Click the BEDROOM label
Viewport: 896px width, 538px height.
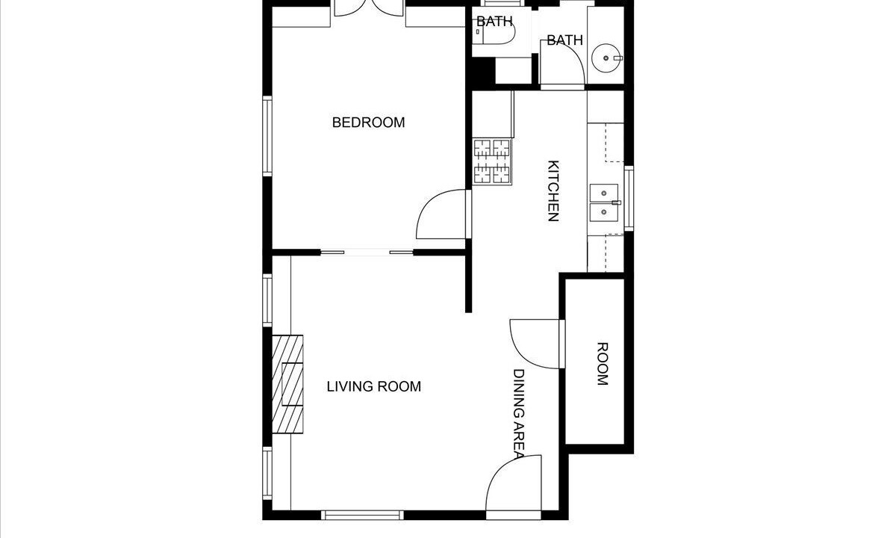[x=368, y=123]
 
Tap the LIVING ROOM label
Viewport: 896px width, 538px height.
[x=374, y=387]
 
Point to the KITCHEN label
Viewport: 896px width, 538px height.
[x=553, y=191]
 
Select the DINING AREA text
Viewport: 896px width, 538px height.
[x=518, y=414]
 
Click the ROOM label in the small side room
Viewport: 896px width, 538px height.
[x=603, y=364]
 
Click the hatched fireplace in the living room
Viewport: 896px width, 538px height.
[x=287, y=384]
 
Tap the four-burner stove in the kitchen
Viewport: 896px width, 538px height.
[x=492, y=161]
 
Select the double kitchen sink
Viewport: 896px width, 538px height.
[x=604, y=203]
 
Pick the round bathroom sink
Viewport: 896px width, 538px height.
[x=606, y=58]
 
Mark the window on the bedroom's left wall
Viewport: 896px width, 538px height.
[x=267, y=136]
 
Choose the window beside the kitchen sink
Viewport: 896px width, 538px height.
[x=629, y=199]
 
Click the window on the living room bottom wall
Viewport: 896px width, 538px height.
[x=362, y=515]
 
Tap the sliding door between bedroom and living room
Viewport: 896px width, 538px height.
[x=367, y=253]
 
